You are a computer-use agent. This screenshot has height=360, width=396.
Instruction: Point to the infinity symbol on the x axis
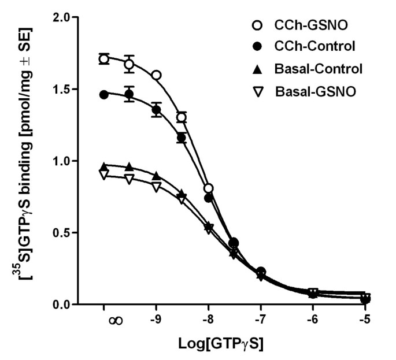click(x=115, y=321)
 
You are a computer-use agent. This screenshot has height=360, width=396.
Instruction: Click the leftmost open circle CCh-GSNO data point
click(x=104, y=59)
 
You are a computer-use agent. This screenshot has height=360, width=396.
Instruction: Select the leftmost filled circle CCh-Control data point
click(x=104, y=95)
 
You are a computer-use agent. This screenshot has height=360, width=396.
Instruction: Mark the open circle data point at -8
click(x=209, y=188)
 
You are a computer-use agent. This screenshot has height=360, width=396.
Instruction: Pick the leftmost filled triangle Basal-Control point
click(x=104, y=166)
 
